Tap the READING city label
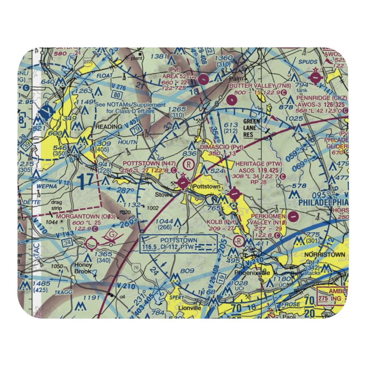(109, 127)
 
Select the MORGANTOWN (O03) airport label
(86, 217)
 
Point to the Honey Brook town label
(83, 268)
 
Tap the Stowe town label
(163, 194)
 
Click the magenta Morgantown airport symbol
(91, 242)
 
